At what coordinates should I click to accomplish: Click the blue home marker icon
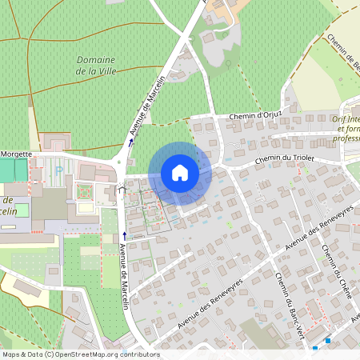tap(180, 173)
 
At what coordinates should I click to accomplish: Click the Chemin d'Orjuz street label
tap(256, 116)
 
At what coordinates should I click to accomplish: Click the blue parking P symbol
tap(58, 170)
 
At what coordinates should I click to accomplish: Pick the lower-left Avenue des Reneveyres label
tap(210, 297)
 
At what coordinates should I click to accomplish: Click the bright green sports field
tap(7, 170)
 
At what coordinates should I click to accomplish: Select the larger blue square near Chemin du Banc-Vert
tap(328, 341)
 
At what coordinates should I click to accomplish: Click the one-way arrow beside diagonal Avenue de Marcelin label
tap(131, 142)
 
